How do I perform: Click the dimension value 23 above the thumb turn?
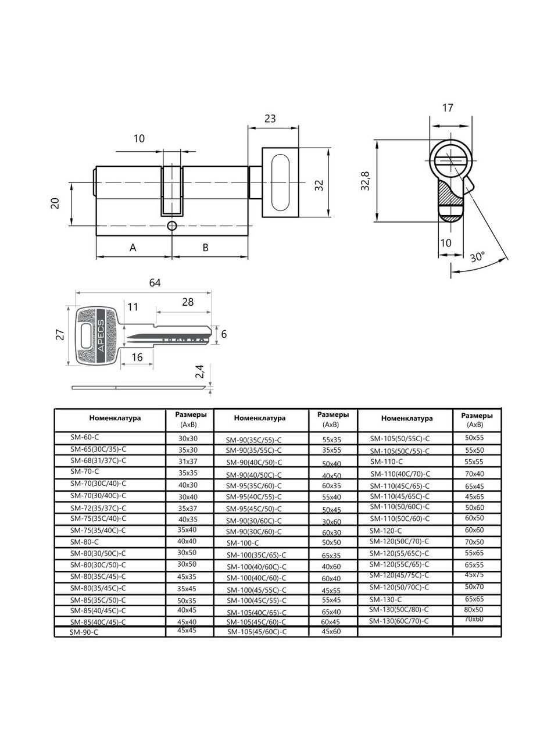(x=270, y=119)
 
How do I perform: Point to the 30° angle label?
(x=478, y=257)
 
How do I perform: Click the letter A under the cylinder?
(x=133, y=248)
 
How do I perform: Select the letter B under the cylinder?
(x=205, y=248)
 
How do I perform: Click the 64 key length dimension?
(x=155, y=283)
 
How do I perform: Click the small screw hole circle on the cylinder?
(x=172, y=226)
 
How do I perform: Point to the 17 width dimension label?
(x=448, y=108)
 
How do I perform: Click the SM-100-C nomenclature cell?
(x=242, y=542)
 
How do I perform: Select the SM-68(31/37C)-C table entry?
(x=98, y=460)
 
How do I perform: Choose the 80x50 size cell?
(x=474, y=609)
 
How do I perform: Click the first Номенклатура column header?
(x=115, y=417)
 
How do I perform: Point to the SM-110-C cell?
(x=387, y=461)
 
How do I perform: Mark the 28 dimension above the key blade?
(x=188, y=302)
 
